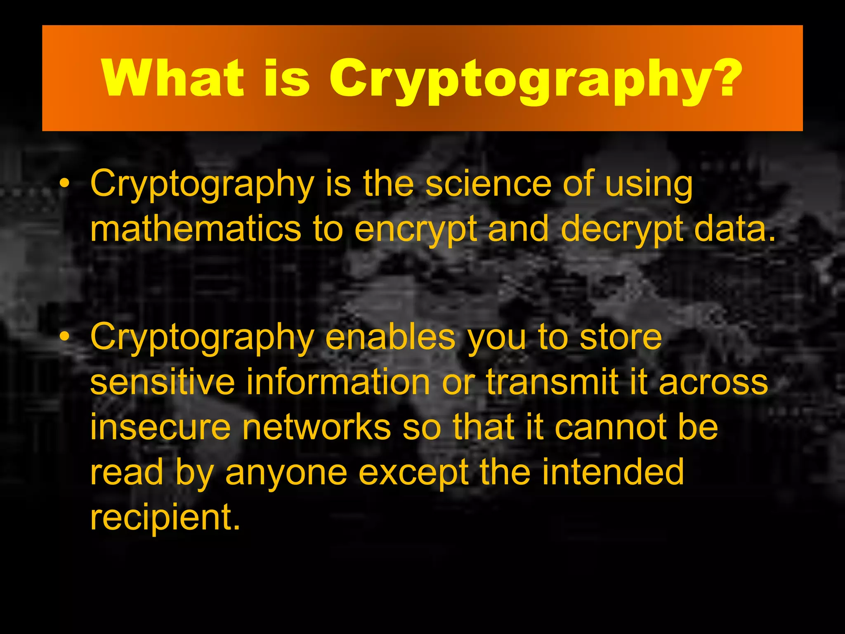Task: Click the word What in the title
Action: point(173,78)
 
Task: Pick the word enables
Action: point(390,337)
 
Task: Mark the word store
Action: point(621,337)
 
